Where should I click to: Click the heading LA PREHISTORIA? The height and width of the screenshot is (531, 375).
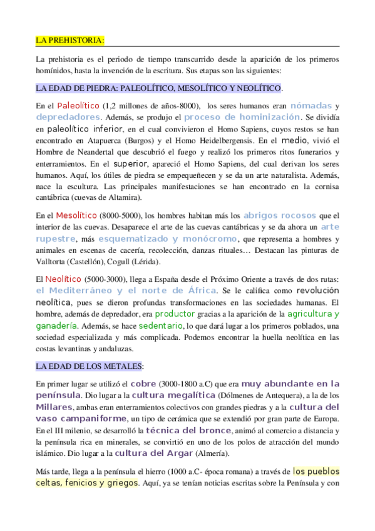[x=69, y=41]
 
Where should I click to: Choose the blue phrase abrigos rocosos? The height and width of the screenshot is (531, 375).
[x=279, y=216]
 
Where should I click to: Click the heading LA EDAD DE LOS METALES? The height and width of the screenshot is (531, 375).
[x=90, y=365]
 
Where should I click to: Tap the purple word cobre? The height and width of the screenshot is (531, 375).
[x=144, y=383]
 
